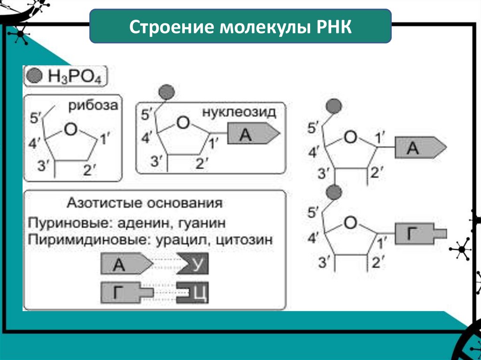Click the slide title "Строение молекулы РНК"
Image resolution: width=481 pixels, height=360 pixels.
coord(240,26)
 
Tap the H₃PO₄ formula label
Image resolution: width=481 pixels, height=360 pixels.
coord(75,76)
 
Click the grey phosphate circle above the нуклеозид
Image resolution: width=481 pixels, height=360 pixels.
coord(167,92)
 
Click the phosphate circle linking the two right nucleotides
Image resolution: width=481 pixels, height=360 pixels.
coord(334,191)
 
